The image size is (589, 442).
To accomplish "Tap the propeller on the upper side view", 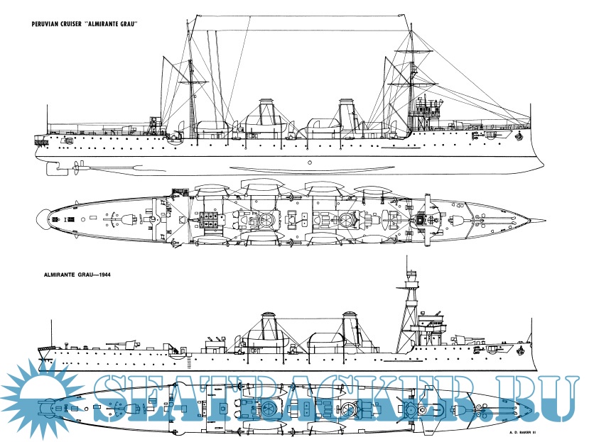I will pyautogui.click(x=74, y=167).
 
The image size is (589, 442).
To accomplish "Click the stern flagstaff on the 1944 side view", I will pyautogui.click(x=52, y=333).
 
